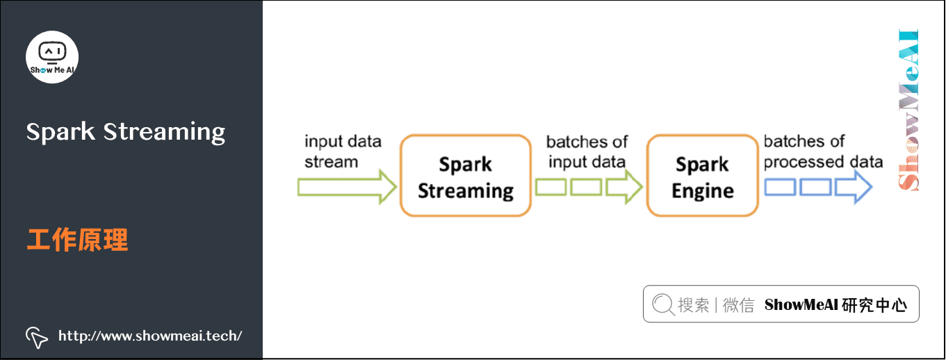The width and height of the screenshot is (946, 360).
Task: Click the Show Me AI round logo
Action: [52, 57]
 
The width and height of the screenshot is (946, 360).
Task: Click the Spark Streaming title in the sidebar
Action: [126, 131]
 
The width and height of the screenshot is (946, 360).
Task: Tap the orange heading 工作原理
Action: [77, 240]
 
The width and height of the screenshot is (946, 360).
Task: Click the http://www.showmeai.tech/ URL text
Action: [150, 336]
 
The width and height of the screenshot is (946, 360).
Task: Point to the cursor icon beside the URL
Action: [36, 336]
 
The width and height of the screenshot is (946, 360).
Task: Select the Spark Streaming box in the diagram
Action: [465, 177]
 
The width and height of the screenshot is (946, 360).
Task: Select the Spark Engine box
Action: [702, 177]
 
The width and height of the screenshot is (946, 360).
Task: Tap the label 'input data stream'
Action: [343, 152]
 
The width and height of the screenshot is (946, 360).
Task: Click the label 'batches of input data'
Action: [587, 152]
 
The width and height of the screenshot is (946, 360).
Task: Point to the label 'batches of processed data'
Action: [823, 152]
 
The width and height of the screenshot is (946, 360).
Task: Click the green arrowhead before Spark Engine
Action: [624, 188]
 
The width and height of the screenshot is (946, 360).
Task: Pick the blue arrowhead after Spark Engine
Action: [854, 188]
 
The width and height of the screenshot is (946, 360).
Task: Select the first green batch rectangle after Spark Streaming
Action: [551, 188]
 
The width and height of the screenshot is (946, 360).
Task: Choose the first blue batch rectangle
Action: [780, 188]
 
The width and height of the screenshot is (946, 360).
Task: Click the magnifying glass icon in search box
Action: [663, 304]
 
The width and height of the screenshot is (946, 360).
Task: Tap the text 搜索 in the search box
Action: [693, 304]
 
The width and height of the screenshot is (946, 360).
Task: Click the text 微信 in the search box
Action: [738, 304]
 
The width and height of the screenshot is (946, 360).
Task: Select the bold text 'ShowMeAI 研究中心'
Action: [835, 304]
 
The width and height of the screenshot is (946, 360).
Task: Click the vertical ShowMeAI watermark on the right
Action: [908, 110]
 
